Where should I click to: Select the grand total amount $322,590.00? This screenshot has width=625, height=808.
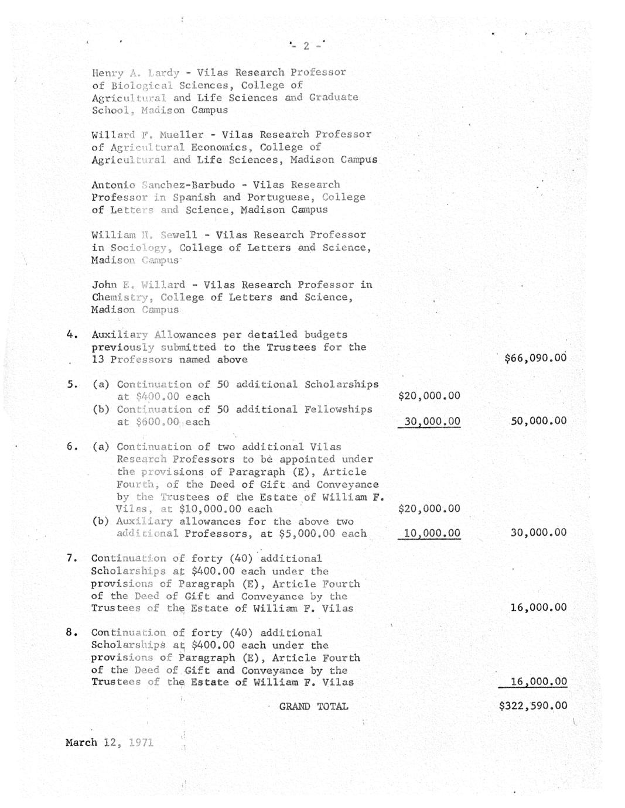click(532, 706)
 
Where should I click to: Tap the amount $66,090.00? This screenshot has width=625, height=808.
click(535, 358)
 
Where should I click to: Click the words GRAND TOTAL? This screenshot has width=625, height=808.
click(313, 707)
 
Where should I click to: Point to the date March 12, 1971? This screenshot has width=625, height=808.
click(110, 742)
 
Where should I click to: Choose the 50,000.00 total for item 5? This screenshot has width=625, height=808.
click(538, 421)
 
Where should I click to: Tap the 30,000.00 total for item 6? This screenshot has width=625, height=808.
click(538, 533)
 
